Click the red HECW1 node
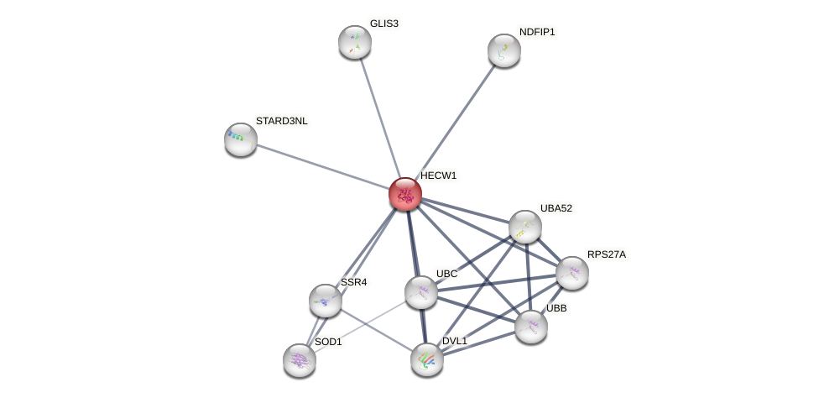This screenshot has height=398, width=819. coord(405,194)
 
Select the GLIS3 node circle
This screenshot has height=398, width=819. coord(355,42)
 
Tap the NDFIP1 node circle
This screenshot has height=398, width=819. coord(504,50)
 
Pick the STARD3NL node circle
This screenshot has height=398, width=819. coord(241,139)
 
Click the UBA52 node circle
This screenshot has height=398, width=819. coord(525,227)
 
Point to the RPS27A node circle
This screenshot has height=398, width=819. coord(572,273)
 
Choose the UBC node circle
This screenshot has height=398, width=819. coord(421,292)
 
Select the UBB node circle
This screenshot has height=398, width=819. coord(531,327)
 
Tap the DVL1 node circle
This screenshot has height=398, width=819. coord(427,359)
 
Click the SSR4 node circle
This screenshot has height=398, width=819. coord(326,301)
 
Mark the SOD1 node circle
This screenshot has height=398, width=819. coord(300,360)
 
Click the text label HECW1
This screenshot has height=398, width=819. coord(438,175)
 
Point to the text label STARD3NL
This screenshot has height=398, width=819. coord(281,121)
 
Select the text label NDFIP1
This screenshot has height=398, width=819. coord(537,32)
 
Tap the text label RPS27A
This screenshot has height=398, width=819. coord(606,254)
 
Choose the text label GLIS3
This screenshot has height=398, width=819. coord(384,24)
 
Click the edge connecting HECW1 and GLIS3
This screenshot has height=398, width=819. coord(380,118)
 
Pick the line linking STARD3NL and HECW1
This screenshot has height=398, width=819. coord(323,166)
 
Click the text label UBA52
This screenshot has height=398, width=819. coord(556,208)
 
